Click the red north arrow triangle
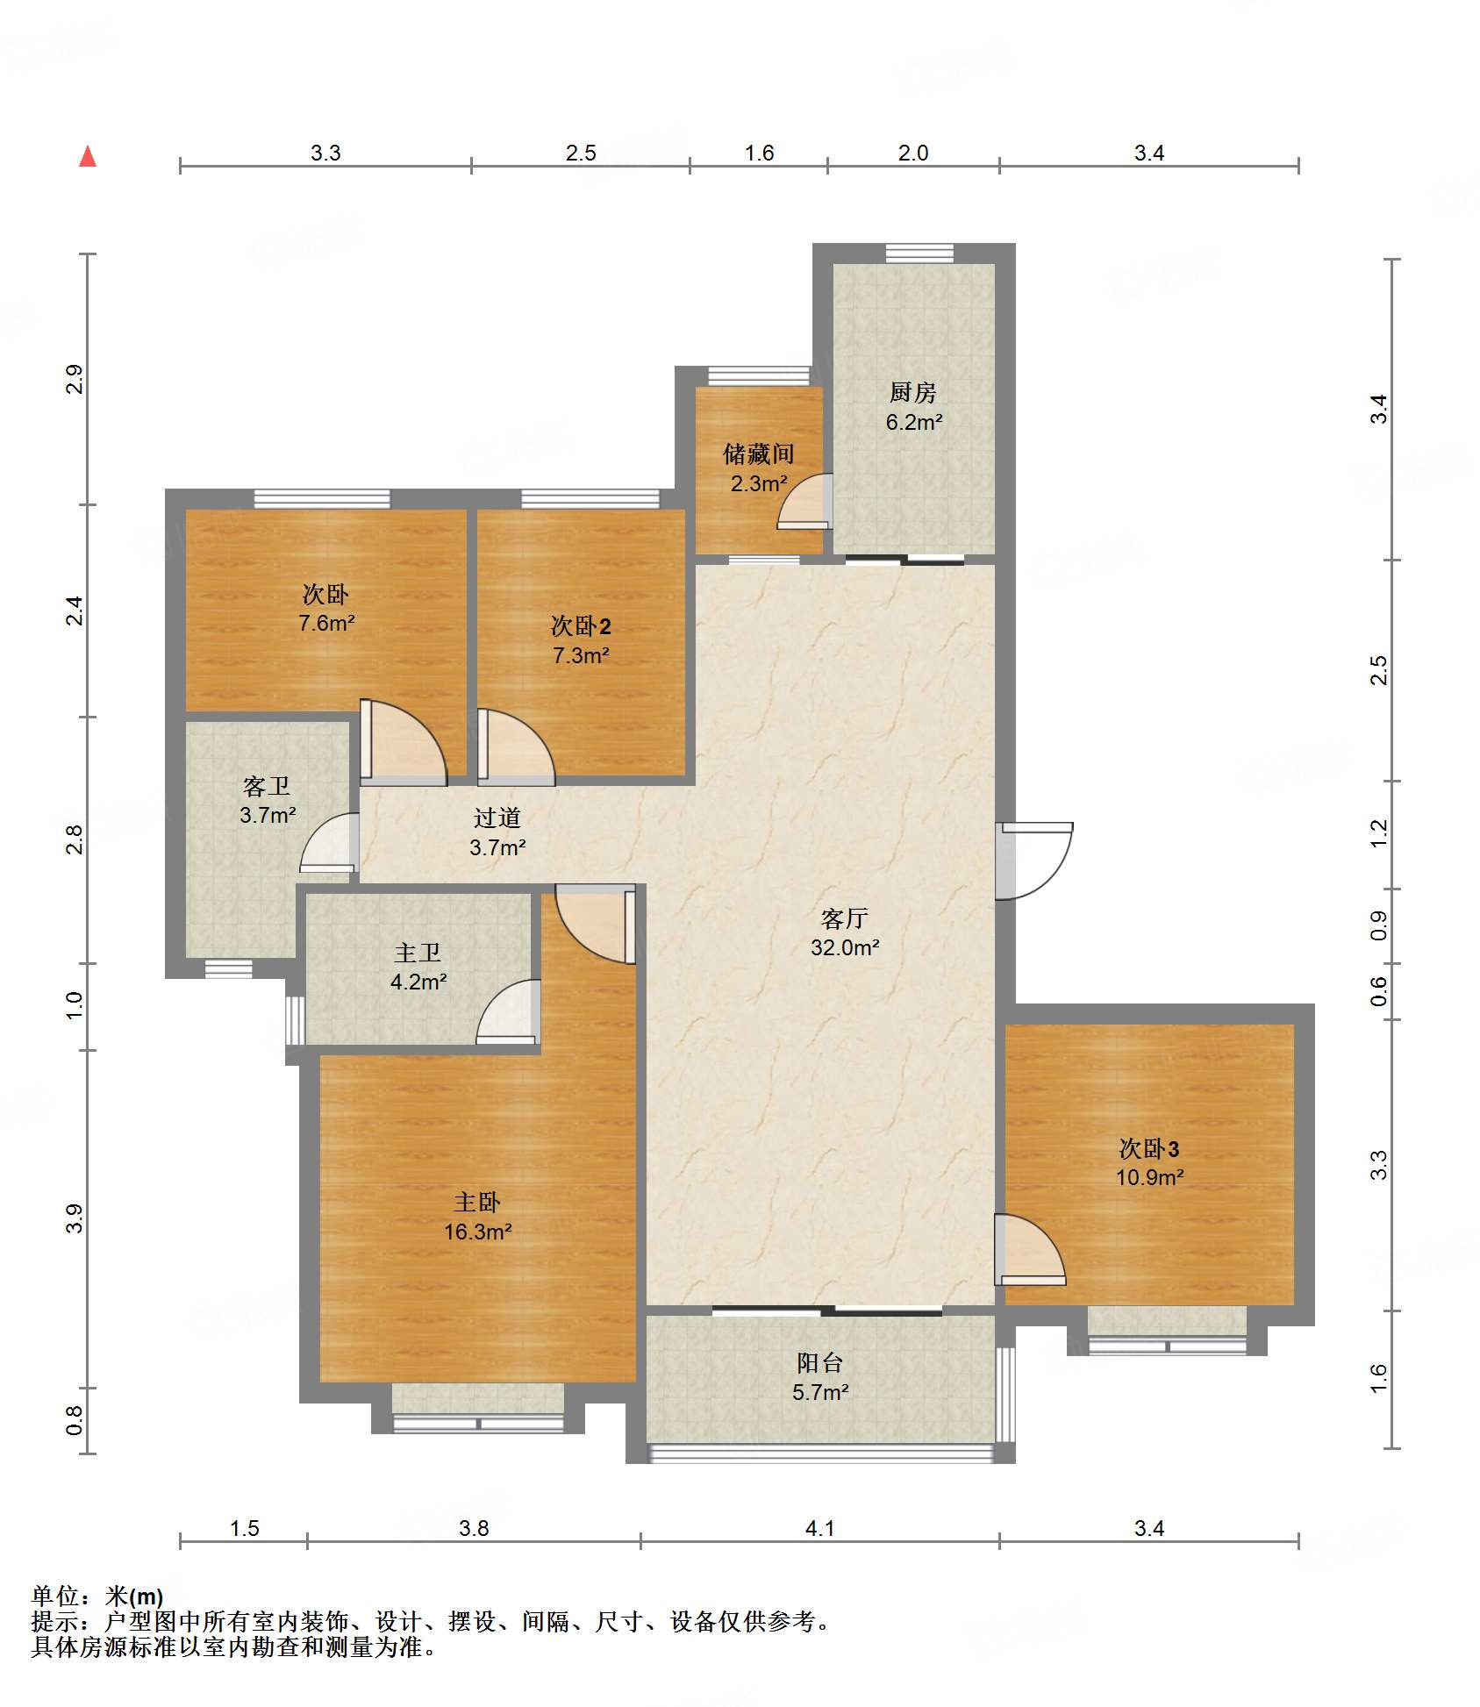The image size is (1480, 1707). point(88,156)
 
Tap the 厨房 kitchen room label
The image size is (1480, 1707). point(912,392)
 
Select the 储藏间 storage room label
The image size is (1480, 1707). point(759,454)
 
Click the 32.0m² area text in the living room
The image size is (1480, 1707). point(845,947)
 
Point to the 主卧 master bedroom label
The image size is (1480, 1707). point(477,1202)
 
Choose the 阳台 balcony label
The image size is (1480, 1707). point(820,1362)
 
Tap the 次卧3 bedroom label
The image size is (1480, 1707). point(1149,1148)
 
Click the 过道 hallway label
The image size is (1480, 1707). point(497,818)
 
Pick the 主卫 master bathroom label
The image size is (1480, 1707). point(418,952)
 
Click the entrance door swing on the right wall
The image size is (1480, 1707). point(1035,861)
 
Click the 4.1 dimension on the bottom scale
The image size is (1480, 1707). point(819,1528)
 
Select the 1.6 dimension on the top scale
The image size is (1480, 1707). point(759,153)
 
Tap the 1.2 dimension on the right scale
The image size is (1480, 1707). point(1379,833)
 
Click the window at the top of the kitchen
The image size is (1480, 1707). point(919,254)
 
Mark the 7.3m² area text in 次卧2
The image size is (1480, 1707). point(581,655)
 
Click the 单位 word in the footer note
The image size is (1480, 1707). point(55,1596)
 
